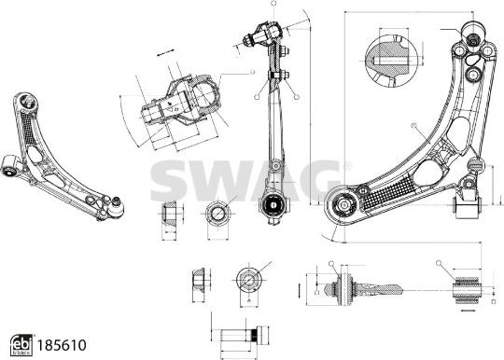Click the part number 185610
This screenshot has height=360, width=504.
[x=59, y=344]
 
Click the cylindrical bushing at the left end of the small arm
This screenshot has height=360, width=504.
[x=10, y=166]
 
